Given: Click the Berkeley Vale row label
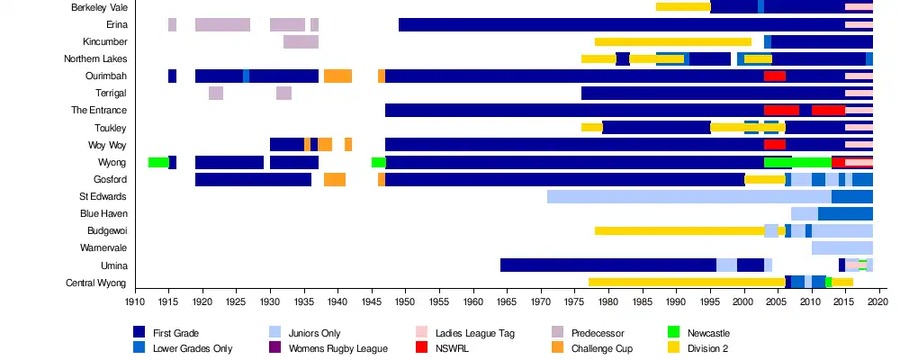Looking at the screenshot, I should (x=99, y=7).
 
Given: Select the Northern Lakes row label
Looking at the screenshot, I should (x=95, y=59).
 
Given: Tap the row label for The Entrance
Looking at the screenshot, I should (x=99, y=111).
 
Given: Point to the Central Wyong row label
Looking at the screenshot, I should (x=96, y=283).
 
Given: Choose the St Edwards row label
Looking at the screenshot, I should (x=103, y=196).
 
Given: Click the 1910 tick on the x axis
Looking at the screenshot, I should (x=135, y=303).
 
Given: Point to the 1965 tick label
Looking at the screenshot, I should (x=507, y=303).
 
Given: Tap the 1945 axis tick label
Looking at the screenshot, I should (x=372, y=303).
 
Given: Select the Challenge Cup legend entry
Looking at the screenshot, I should (x=597, y=348).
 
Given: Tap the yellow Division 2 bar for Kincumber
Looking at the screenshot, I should (x=673, y=41).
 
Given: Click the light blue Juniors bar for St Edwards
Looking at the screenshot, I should (x=688, y=196).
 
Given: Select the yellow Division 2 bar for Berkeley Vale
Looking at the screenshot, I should (x=683, y=7).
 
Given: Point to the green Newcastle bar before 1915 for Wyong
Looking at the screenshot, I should (x=158, y=162).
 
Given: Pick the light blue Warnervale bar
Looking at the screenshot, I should (x=842, y=247).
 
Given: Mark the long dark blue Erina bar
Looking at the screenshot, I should (x=621, y=24).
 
